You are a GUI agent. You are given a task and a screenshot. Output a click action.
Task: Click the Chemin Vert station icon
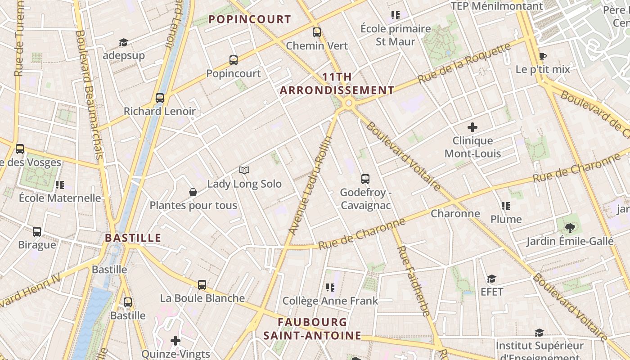pos(317,32)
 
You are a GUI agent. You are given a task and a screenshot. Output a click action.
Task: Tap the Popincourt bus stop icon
pos(234,60)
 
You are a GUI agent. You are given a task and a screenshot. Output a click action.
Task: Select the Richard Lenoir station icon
pos(160,98)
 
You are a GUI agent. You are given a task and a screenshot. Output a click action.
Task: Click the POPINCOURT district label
pos(250,19)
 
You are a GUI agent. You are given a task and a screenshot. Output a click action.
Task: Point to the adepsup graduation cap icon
pos(124,43)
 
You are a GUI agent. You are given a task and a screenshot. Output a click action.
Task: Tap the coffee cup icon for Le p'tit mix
pos(543,57)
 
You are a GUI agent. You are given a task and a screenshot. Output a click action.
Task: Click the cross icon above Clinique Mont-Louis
pos(472,127)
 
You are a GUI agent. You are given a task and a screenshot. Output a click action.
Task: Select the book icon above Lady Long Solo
pos(244,171)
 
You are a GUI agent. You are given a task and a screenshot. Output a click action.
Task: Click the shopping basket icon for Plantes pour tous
pos(193,193)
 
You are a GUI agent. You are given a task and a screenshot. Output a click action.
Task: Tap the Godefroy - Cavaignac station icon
pos(365,179)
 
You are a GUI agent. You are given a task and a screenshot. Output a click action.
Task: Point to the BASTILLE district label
pos(133,238)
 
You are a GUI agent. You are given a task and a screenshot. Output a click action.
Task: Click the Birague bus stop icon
pos(37,232)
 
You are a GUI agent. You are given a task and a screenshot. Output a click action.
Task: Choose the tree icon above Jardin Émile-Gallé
pos(570,228)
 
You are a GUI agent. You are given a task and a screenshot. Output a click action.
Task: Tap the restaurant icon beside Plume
pos(506,206)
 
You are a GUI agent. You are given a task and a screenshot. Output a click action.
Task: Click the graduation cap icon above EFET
pos(491,279)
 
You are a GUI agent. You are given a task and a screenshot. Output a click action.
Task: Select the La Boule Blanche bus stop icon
pos(202,285)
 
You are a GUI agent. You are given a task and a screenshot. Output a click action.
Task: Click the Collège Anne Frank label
pos(330,301)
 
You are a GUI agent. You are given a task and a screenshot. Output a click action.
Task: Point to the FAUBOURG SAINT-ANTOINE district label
pos(312,329)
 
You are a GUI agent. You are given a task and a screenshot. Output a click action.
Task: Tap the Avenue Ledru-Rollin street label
pos(310,185)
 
